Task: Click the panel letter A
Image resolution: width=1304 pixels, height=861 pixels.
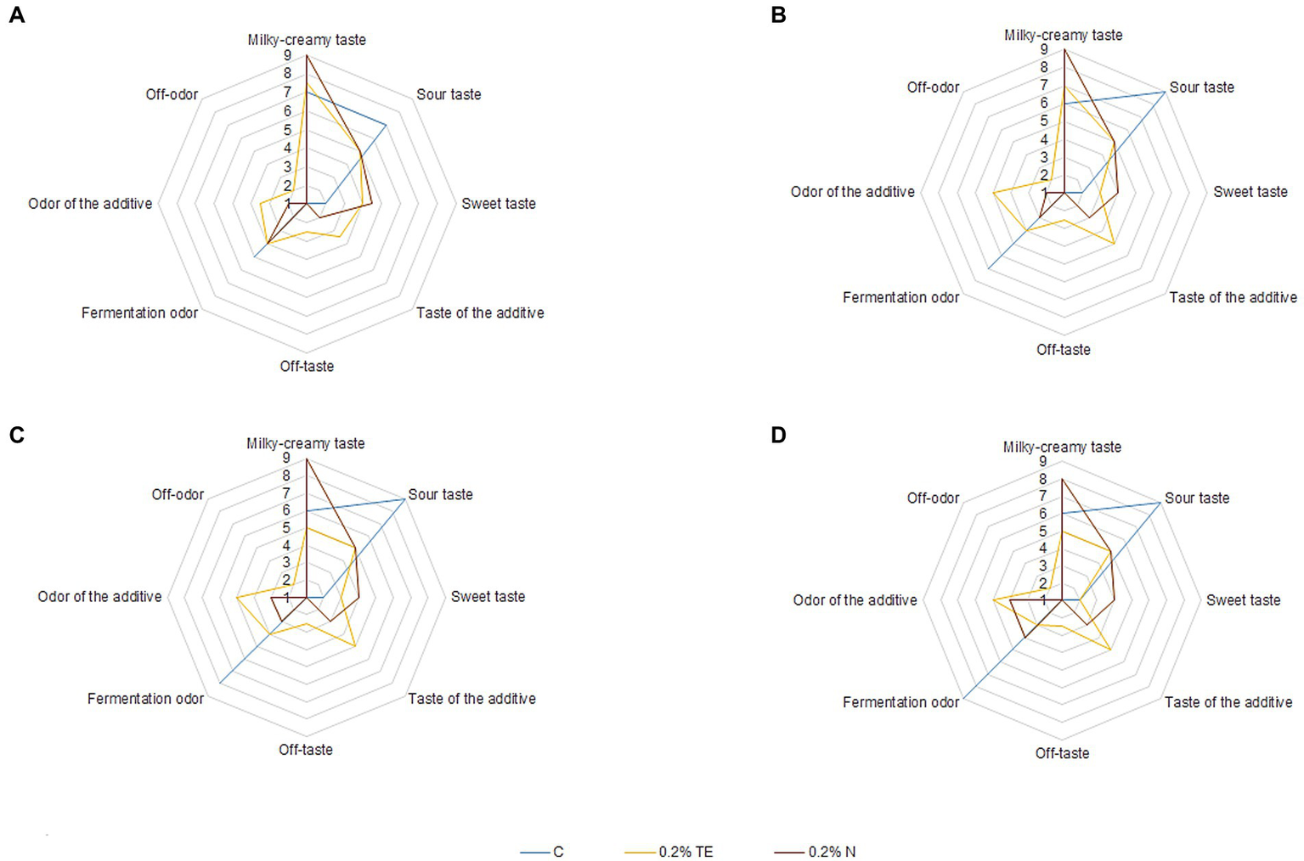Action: pyautogui.click(x=16, y=15)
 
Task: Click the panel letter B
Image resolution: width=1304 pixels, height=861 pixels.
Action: pyautogui.click(x=778, y=15)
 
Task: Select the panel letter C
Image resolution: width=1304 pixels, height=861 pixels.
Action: pyautogui.click(x=16, y=436)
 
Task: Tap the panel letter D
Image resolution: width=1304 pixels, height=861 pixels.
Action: pyautogui.click(x=778, y=436)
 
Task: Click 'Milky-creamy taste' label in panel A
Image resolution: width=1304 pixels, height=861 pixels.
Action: pyautogui.click(x=307, y=40)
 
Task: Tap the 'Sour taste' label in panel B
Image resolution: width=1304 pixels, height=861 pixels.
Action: pyautogui.click(x=1201, y=87)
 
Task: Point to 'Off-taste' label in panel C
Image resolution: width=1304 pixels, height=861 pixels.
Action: pyautogui.click(x=306, y=750)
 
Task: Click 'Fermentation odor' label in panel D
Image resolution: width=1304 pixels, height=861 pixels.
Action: pyautogui.click(x=900, y=702)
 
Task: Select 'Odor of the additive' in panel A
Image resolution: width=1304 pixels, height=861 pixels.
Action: pyautogui.click(x=90, y=204)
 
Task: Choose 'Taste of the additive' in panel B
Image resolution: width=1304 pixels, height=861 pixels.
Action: pyautogui.click(x=1233, y=297)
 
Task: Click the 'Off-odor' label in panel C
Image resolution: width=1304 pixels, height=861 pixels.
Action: pyautogui.click(x=178, y=494)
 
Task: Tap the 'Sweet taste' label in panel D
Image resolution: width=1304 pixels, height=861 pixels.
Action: pyautogui.click(x=1243, y=600)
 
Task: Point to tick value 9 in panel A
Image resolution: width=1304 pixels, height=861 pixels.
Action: pyautogui.click(x=287, y=55)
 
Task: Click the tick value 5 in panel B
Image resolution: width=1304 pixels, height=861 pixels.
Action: pyautogui.click(x=1044, y=121)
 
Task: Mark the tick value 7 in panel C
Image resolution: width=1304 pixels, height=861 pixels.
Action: pyautogui.click(x=286, y=493)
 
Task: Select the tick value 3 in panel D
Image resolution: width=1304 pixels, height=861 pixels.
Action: pyautogui.click(x=1043, y=566)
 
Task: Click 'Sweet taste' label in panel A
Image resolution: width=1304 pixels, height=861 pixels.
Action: pyautogui.click(x=499, y=204)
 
